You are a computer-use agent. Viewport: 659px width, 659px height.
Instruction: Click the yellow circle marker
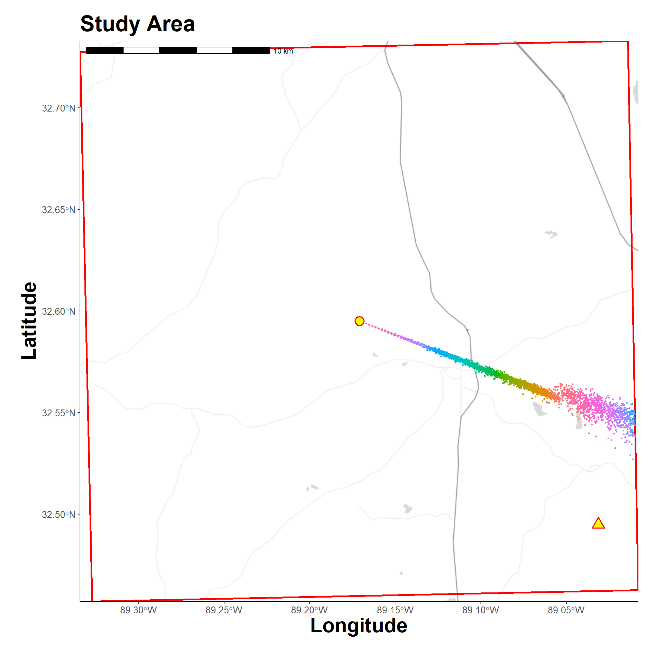tap(359, 321)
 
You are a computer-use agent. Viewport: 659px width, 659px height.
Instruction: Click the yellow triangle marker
tap(598, 523)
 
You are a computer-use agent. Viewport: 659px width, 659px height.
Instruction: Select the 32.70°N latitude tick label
tap(58, 108)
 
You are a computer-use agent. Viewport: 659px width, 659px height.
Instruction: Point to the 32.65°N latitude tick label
tap(58, 210)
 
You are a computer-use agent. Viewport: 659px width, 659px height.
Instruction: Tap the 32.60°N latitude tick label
tap(58, 311)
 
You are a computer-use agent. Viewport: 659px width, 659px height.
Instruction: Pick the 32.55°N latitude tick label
tap(58, 413)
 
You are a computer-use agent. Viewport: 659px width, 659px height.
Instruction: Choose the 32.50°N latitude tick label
tap(58, 515)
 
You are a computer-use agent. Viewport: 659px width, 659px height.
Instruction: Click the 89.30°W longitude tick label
tap(138, 610)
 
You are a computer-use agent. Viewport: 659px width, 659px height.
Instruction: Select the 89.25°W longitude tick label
tap(224, 610)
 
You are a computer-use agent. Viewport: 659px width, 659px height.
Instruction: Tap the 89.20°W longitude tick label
tap(309, 610)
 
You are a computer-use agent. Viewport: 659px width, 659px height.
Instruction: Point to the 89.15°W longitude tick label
tap(395, 610)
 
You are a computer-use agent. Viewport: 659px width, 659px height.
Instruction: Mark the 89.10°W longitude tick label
tap(481, 610)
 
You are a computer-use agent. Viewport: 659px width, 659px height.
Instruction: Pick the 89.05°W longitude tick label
tap(566, 610)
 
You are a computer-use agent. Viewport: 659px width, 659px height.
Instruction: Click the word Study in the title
tap(110, 25)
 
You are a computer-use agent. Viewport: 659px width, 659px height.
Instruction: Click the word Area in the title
tap(171, 24)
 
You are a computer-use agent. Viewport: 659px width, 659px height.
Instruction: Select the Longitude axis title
tap(359, 625)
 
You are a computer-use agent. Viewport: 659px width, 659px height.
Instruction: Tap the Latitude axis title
tap(29, 321)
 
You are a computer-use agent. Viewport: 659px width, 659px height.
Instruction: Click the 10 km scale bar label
tap(283, 51)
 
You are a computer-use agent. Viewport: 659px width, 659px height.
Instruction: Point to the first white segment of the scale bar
tap(141, 50)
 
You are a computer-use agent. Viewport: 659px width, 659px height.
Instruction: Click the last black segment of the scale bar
tap(251, 50)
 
